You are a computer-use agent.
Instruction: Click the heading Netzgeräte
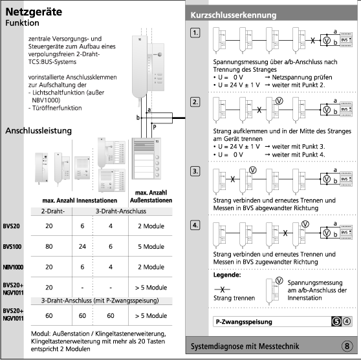coord(34,12)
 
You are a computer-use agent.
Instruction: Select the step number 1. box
coord(195,33)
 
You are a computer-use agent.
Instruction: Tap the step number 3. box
coord(195,171)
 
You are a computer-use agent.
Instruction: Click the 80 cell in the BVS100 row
coord(49,246)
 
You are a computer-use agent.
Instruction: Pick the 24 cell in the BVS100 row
coord(82,246)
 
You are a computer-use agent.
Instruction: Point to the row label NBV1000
coord(13,267)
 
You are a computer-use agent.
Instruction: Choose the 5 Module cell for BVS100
coord(151,246)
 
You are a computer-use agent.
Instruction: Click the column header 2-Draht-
coord(53,211)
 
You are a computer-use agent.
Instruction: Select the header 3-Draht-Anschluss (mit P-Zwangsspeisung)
coord(100,301)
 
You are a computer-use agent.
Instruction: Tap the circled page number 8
coord(347,346)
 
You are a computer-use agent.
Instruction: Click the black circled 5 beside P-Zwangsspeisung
coord(336,321)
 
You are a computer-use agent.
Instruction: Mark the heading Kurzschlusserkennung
coord(234,15)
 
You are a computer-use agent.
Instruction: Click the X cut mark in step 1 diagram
coord(312,41)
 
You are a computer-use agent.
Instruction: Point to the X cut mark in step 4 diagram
coord(285,233)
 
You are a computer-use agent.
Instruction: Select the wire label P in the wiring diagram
coord(154,127)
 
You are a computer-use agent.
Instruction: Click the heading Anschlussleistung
coord(38,131)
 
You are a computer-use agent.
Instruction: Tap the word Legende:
coord(227,275)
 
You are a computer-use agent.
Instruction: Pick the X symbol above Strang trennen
coord(222,290)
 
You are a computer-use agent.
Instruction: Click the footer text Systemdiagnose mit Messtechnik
coord(245,346)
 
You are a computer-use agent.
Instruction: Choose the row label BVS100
coord(12,247)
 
